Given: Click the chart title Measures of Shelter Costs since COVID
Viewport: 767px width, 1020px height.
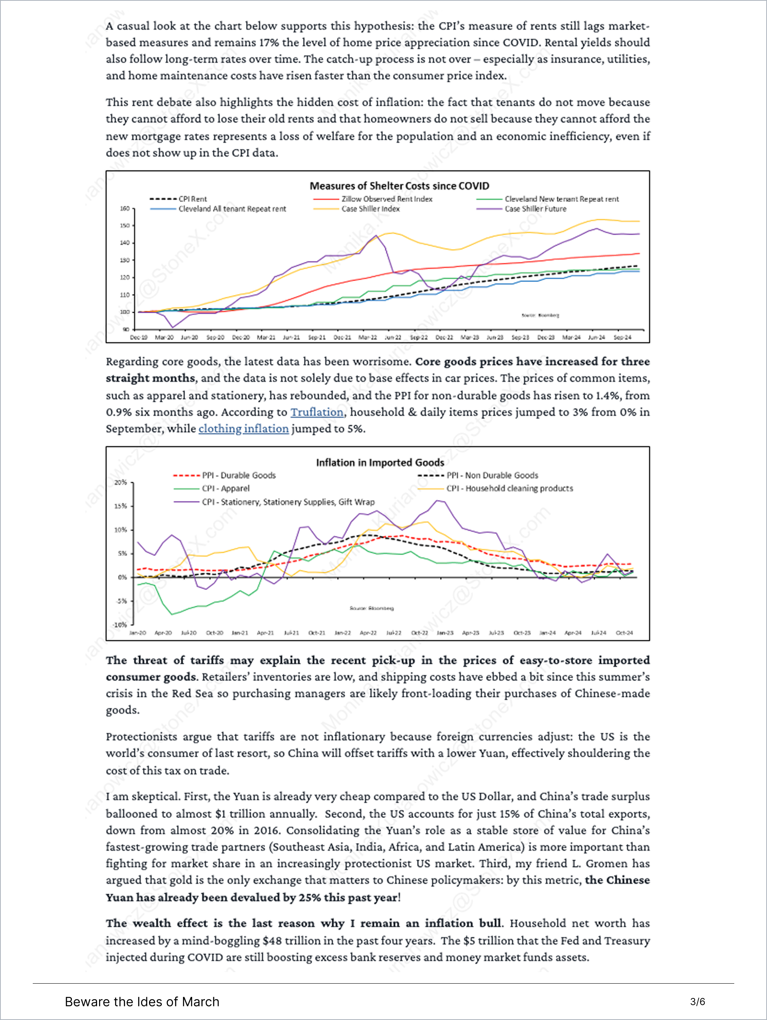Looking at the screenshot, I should (399, 186).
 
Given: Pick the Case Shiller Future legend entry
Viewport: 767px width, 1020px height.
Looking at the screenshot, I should (535, 209).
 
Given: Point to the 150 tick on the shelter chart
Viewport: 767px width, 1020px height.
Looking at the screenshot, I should (125, 226).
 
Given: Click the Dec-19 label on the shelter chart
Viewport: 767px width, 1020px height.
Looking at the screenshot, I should (138, 337).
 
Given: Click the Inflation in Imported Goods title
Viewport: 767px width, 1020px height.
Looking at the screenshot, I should (380, 462).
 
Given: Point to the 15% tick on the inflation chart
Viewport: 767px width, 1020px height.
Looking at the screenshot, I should (120, 506).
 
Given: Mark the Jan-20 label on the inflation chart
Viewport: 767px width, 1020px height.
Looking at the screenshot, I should (137, 633).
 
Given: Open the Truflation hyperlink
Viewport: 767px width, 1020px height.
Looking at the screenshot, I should (317, 412).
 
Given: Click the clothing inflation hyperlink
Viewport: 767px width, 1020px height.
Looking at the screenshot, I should (244, 429).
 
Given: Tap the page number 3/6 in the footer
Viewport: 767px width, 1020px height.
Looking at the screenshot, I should (697, 1002).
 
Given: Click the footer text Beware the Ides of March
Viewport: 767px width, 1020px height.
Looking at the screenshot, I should (142, 1002).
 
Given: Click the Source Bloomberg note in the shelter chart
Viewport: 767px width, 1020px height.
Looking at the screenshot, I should (540, 316).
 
